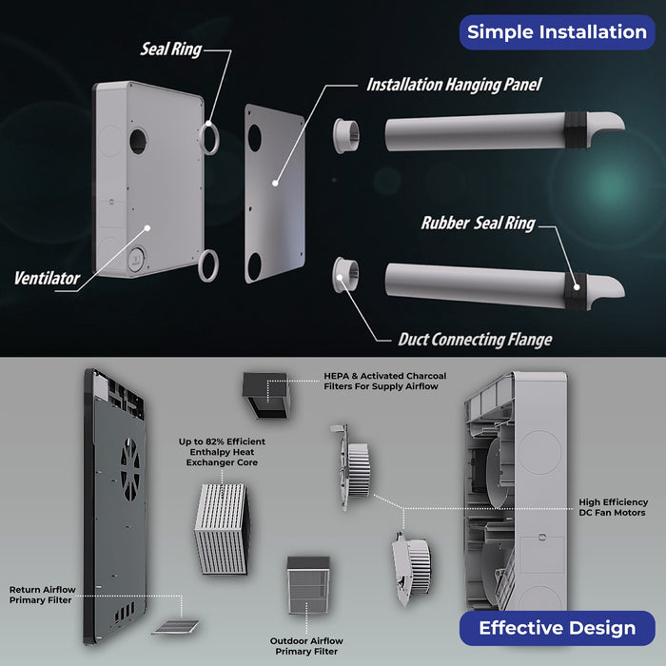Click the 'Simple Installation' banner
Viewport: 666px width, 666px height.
pyautogui.click(x=557, y=31)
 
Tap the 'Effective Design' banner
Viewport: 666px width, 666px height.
pyautogui.click(x=557, y=628)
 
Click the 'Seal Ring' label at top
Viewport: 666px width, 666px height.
pyautogui.click(x=171, y=49)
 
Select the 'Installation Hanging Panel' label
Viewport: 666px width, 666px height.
pyautogui.click(x=454, y=85)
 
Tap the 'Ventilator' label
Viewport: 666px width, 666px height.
pyautogui.click(x=47, y=279)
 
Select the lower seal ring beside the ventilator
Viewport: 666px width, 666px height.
pyautogui.click(x=212, y=264)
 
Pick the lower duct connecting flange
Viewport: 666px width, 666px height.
pyautogui.click(x=346, y=276)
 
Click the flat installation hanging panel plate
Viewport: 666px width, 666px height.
pyautogui.click(x=275, y=195)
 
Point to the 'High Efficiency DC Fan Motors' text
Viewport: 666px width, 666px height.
pyautogui.click(x=614, y=507)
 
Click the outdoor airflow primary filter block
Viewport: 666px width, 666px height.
pyautogui.click(x=306, y=588)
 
